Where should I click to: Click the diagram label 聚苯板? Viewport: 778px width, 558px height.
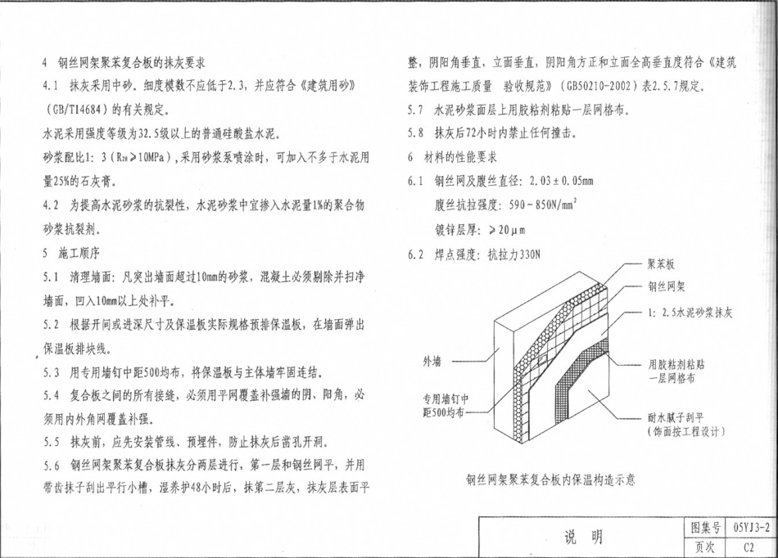(x=660, y=264)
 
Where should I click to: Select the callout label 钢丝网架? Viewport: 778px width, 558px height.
(x=667, y=287)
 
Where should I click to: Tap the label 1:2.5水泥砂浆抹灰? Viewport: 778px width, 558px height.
(x=690, y=313)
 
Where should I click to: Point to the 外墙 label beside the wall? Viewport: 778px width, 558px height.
(x=432, y=362)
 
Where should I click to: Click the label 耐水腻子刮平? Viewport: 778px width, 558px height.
(x=676, y=418)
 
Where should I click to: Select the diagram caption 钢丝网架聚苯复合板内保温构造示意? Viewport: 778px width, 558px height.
(x=550, y=479)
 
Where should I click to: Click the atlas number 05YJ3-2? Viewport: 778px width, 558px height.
(x=752, y=528)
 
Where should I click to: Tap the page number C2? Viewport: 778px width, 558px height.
(x=749, y=547)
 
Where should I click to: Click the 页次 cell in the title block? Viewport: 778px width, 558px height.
(x=705, y=547)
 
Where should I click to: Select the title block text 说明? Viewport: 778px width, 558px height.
(x=583, y=537)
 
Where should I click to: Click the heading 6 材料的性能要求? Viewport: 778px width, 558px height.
(x=452, y=158)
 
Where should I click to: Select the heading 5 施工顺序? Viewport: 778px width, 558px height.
(x=71, y=254)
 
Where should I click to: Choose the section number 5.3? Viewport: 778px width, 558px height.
(x=51, y=372)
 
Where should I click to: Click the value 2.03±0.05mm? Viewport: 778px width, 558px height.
(x=561, y=181)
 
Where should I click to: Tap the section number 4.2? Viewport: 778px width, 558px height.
(x=51, y=205)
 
